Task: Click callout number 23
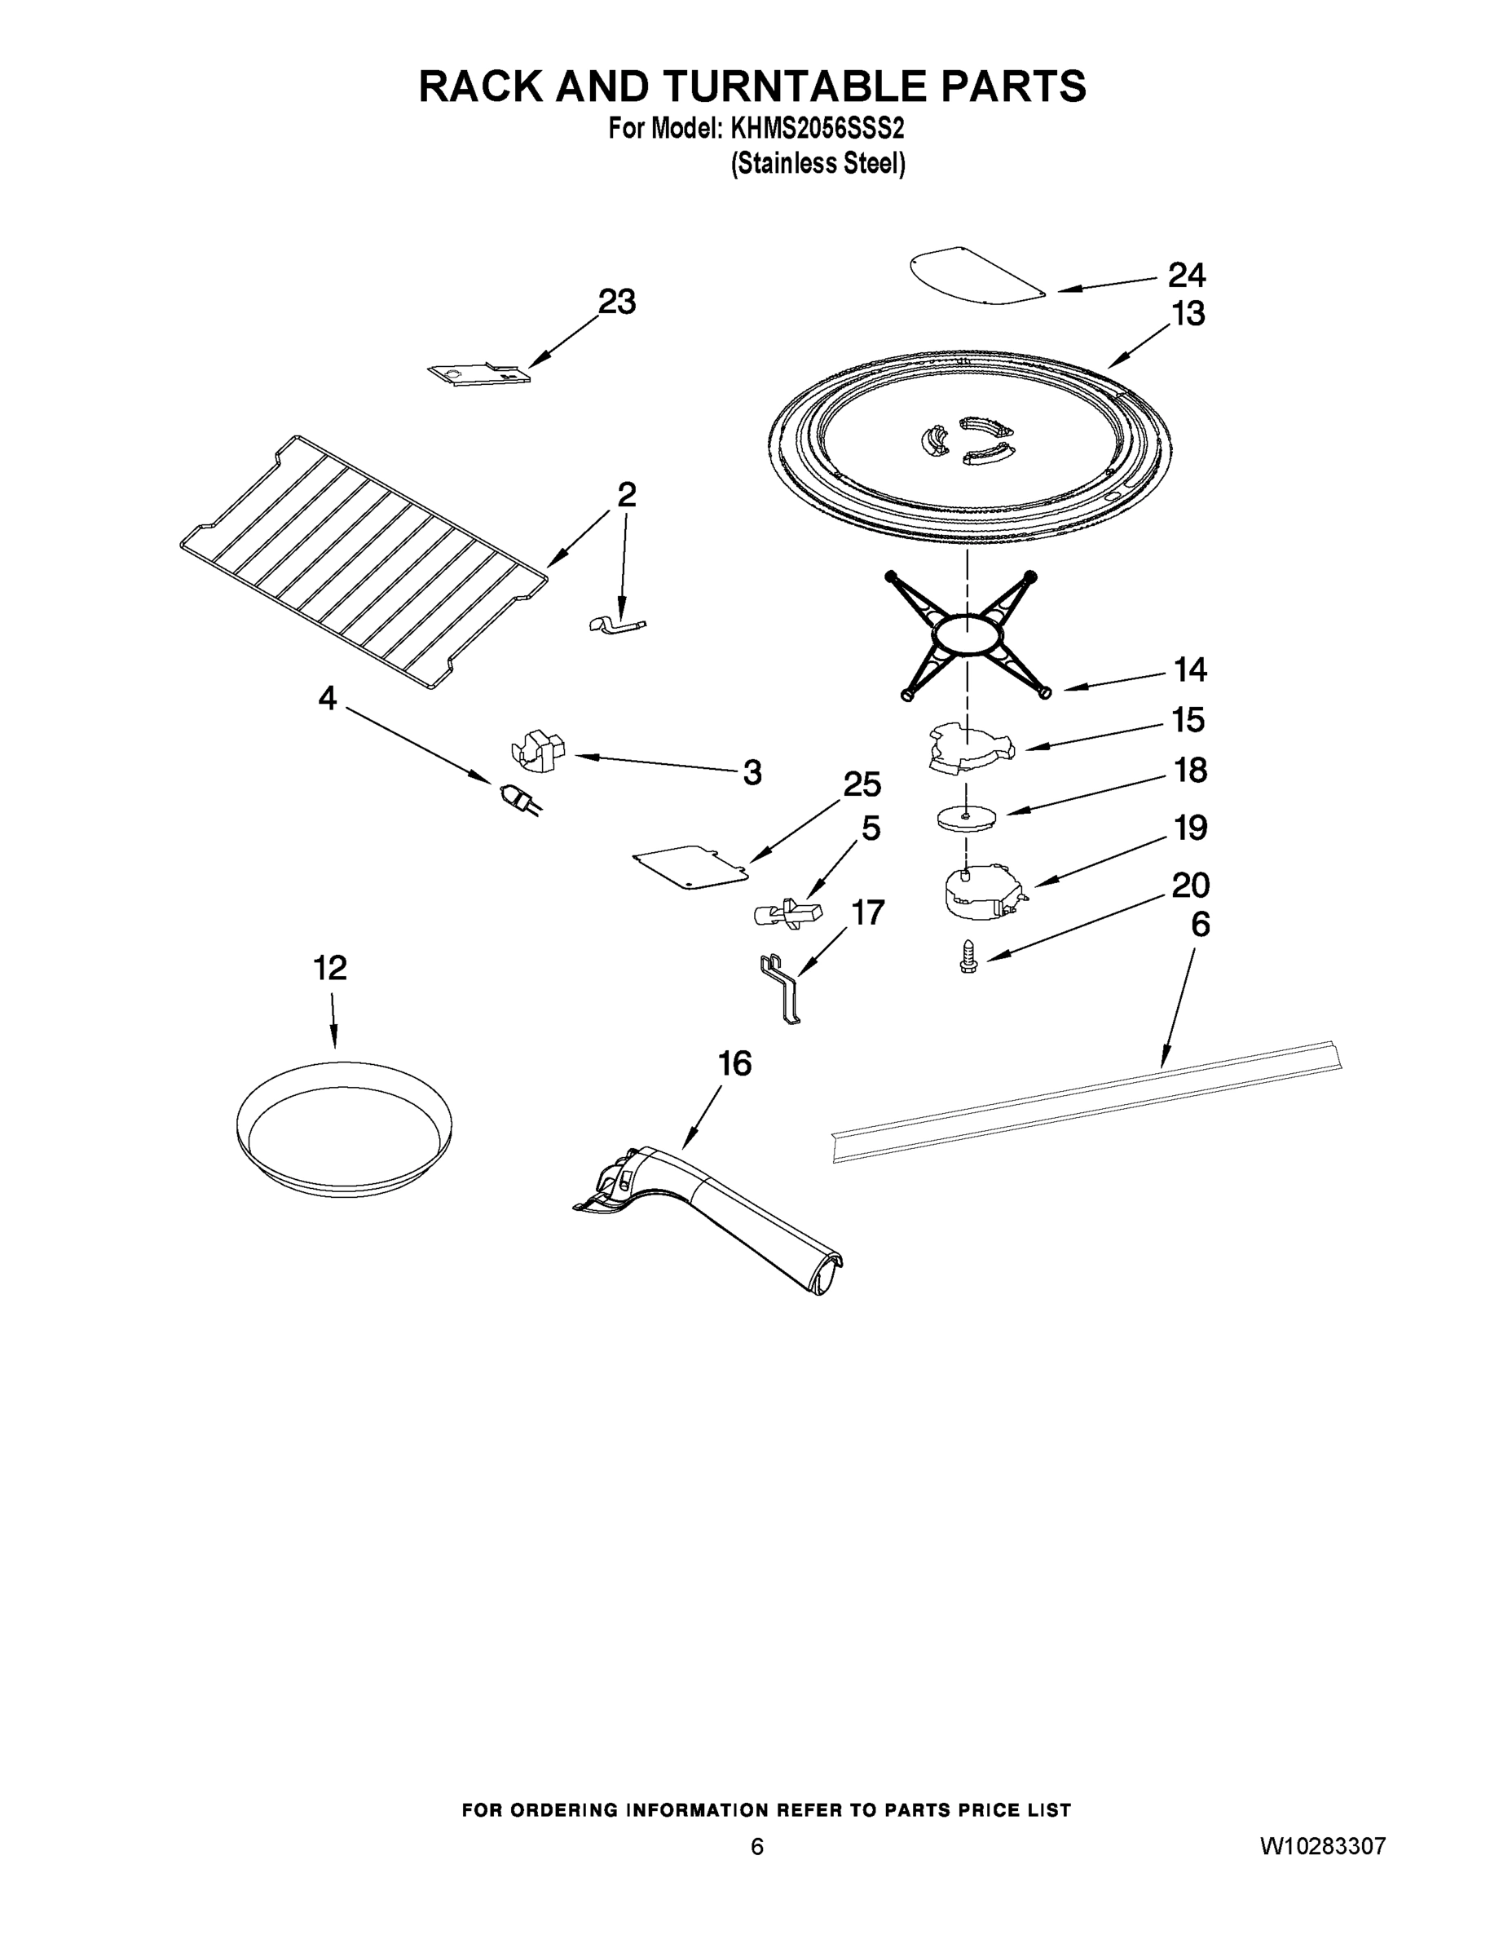[616, 302]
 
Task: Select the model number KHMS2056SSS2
[817, 129]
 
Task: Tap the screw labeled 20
[968, 956]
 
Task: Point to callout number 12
[328, 968]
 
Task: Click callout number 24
[1186, 274]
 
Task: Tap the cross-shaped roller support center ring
[968, 634]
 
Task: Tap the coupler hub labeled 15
[968, 749]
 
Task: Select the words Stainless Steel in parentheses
[818, 164]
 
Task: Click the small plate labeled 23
[478, 373]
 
